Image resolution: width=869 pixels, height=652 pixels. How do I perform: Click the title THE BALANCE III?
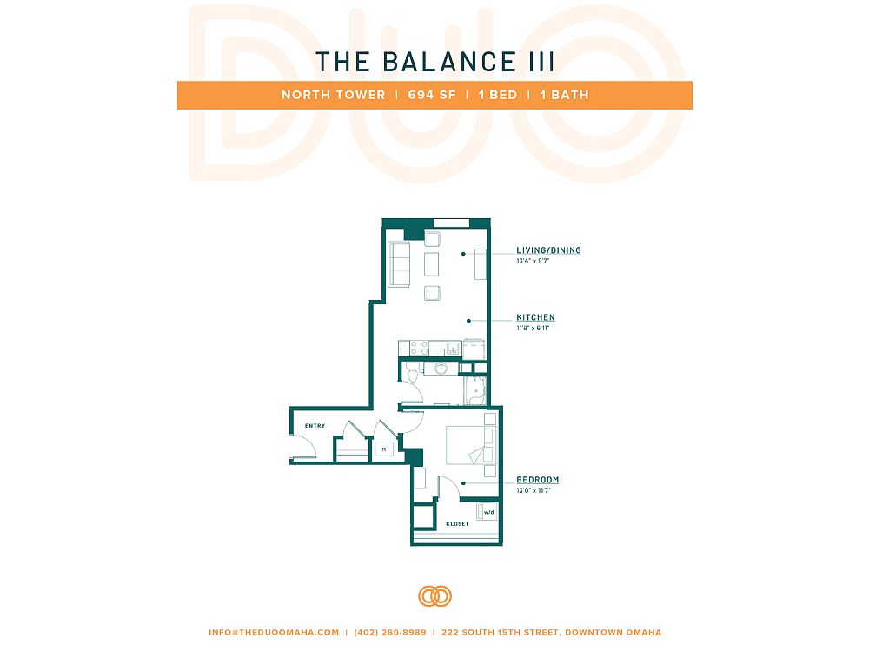click(435, 62)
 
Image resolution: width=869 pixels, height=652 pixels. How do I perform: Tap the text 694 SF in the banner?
click(432, 95)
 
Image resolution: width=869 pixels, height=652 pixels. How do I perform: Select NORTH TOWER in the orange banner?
click(333, 95)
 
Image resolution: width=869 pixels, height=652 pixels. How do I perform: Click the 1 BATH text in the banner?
click(564, 95)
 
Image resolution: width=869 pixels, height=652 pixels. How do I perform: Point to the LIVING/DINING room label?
click(548, 250)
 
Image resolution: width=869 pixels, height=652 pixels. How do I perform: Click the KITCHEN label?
click(535, 317)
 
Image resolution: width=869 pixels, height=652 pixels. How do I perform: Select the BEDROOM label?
click(538, 480)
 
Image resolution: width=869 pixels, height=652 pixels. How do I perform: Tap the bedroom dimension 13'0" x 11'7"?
click(534, 490)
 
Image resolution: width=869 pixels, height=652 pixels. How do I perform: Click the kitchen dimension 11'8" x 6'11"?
click(533, 329)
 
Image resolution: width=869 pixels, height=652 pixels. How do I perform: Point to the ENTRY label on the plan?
click(315, 426)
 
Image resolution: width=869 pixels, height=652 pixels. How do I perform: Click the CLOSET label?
click(457, 524)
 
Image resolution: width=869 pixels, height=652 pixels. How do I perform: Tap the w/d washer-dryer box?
click(488, 512)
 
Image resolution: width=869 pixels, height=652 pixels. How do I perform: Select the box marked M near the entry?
click(383, 449)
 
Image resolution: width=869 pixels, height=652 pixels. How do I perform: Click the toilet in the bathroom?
click(412, 374)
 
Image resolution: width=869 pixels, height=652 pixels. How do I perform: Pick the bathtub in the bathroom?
click(475, 391)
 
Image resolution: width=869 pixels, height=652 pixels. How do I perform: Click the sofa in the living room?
click(399, 264)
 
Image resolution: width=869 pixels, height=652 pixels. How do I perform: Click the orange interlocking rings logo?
click(435, 596)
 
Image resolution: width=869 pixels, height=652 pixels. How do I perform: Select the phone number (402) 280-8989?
click(390, 632)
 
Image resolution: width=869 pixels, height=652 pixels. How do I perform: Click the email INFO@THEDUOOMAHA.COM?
click(274, 632)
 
